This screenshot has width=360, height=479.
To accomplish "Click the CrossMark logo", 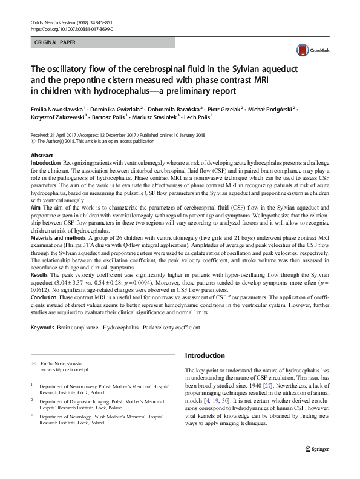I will point(308,49).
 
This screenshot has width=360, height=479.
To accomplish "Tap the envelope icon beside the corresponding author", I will point(33,363).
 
